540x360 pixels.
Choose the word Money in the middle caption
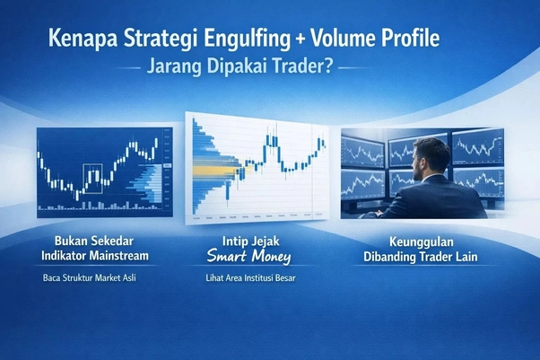[x=279, y=258]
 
